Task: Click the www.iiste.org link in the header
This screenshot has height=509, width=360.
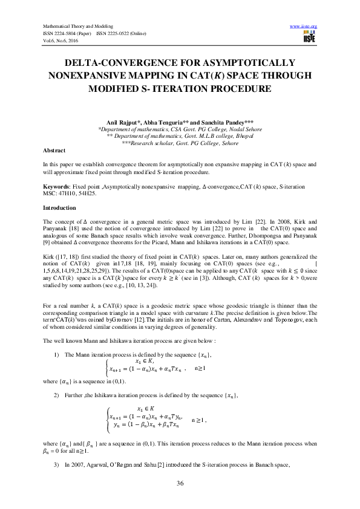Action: click(304, 26)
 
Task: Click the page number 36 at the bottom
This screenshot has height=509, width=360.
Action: click(180, 483)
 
